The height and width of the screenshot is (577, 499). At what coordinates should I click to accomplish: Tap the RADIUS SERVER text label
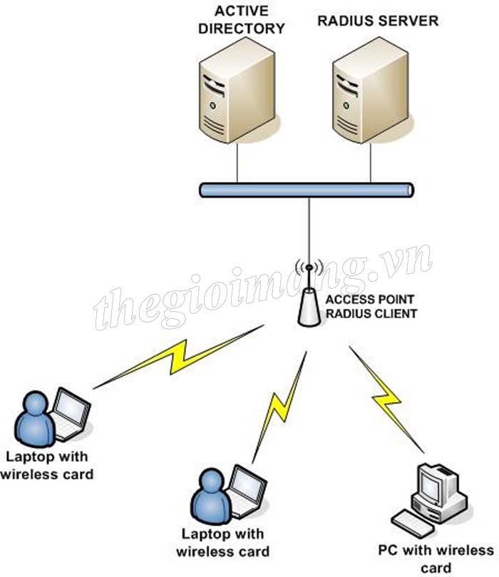pyautogui.click(x=377, y=21)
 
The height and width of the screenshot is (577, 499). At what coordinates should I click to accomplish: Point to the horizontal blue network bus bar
pyautogui.click(x=307, y=190)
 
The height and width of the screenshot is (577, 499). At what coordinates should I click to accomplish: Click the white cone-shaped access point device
pyautogui.click(x=309, y=308)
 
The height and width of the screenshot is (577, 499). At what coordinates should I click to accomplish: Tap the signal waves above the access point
pyautogui.click(x=309, y=269)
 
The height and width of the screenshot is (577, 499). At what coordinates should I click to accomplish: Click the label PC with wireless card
pyautogui.click(x=436, y=558)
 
